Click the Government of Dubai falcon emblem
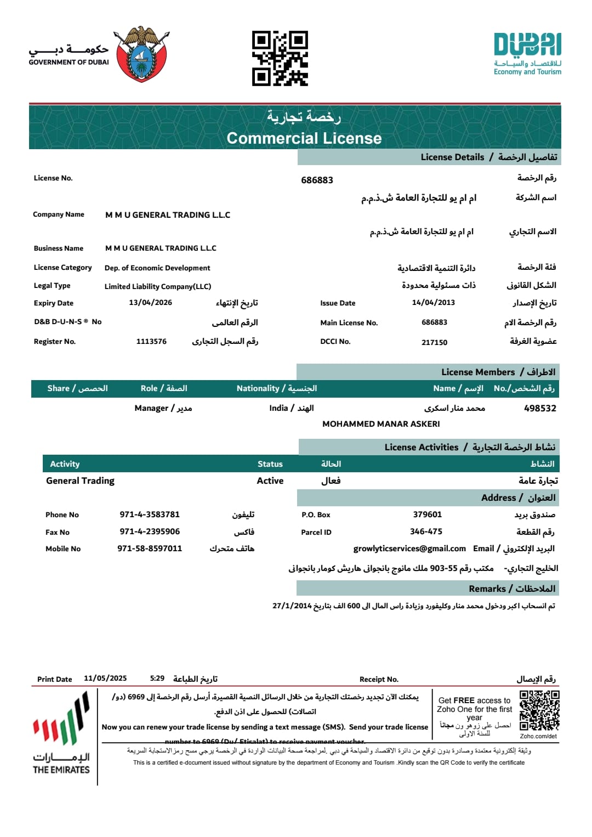pyautogui.click(x=142, y=54)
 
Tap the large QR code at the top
pyautogui.click(x=280, y=58)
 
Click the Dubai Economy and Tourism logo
pyautogui.click(x=527, y=54)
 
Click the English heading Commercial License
pyautogui.click(x=304, y=138)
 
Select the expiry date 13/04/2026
pyautogui.click(x=150, y=302)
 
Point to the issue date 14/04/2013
pyautogui.click(x=433, y=302)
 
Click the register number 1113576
pyautogui.click(x=151, y=341)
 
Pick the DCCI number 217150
pyautogui.click(x=434, y=342)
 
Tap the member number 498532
pyautogui.click(x=540, y=408)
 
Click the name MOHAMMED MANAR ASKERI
pyautogui.click(x=381, y=424)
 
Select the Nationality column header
pyautogui.click(x=276, y=388)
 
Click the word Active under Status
pyautogui.click(x=270, y=480)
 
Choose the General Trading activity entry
pyautogui.click(x=81, y=480)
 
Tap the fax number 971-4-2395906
pyautogui.click(x=150, y=531)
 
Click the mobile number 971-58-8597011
pyautogui.click(x=150, y=548)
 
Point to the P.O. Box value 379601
pyautogui.click(x=427, y=514)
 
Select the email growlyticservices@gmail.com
pyautogui.click(x=409, y=548)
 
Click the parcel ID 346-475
pyautogui.click(x=426, y=531)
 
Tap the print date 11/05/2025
pyautogui.click(x=105, y=678)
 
